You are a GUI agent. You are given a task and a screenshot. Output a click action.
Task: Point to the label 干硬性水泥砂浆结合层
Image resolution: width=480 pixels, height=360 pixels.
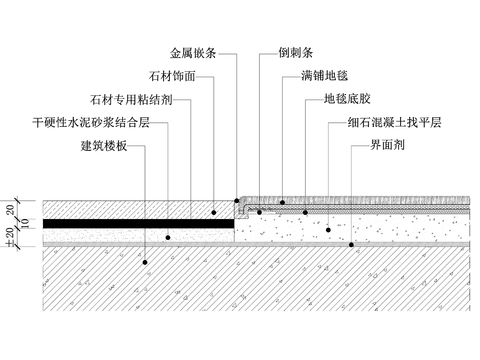pyautogui.click(x=92, y=124)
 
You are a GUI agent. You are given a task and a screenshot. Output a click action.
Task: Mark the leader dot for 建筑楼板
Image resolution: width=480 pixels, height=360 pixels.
pyautogui.click(x=144, y=262)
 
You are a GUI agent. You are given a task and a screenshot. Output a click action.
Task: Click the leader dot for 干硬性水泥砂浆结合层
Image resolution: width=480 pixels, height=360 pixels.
pyautogui.click(x=168, y=237)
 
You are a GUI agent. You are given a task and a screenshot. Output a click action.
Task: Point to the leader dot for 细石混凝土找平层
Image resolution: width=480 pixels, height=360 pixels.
pyautogui.click(x=328, y=229)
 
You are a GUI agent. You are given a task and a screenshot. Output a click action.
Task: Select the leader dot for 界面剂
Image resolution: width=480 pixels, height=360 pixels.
pyautogui.click(x=351, y=245)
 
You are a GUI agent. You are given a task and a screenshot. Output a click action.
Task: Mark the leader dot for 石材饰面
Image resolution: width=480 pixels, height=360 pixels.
pyautogui.click(x=213, y=212)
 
